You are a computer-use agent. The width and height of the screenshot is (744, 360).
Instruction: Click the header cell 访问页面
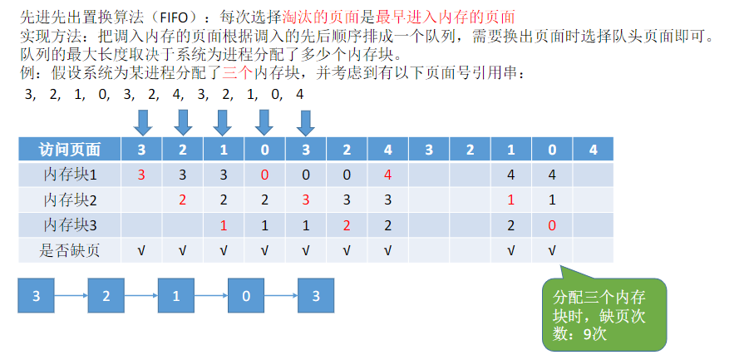coord(70,150)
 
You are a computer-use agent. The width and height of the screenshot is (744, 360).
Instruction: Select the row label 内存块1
coord(70,175)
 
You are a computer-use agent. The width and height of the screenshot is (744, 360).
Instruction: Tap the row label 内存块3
coord(70,225)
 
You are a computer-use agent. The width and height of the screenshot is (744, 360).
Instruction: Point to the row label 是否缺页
coord(70,250)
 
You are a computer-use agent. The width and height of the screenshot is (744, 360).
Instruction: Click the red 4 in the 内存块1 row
coord(387,175)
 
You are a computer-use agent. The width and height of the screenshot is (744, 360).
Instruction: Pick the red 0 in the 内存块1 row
coord(265,175)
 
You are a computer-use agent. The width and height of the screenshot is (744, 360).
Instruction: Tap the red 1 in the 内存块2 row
coord(511,200)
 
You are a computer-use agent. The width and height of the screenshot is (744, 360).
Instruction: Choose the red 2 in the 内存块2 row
coord(183,200)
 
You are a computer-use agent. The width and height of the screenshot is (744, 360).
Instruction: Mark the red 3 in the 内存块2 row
coord(306,200)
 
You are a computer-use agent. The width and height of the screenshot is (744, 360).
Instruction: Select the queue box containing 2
coord(105,296)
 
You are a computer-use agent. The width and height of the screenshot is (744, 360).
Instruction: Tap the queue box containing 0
coord(245,296)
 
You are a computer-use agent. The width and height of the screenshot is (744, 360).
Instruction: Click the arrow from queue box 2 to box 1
coord(140,296)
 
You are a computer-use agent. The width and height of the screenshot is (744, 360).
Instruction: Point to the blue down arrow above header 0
coord(264,124)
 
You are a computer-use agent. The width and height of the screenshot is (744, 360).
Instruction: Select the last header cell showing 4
coord(592,150)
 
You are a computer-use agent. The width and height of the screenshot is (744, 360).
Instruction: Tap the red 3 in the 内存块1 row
coord(142,175)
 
